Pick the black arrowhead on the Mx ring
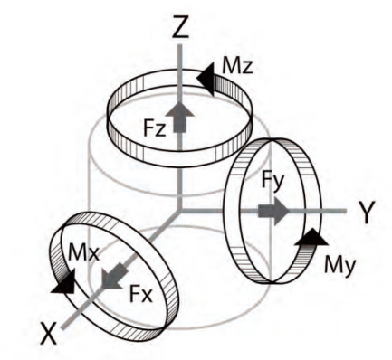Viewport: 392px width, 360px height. [x=64, y=281]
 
